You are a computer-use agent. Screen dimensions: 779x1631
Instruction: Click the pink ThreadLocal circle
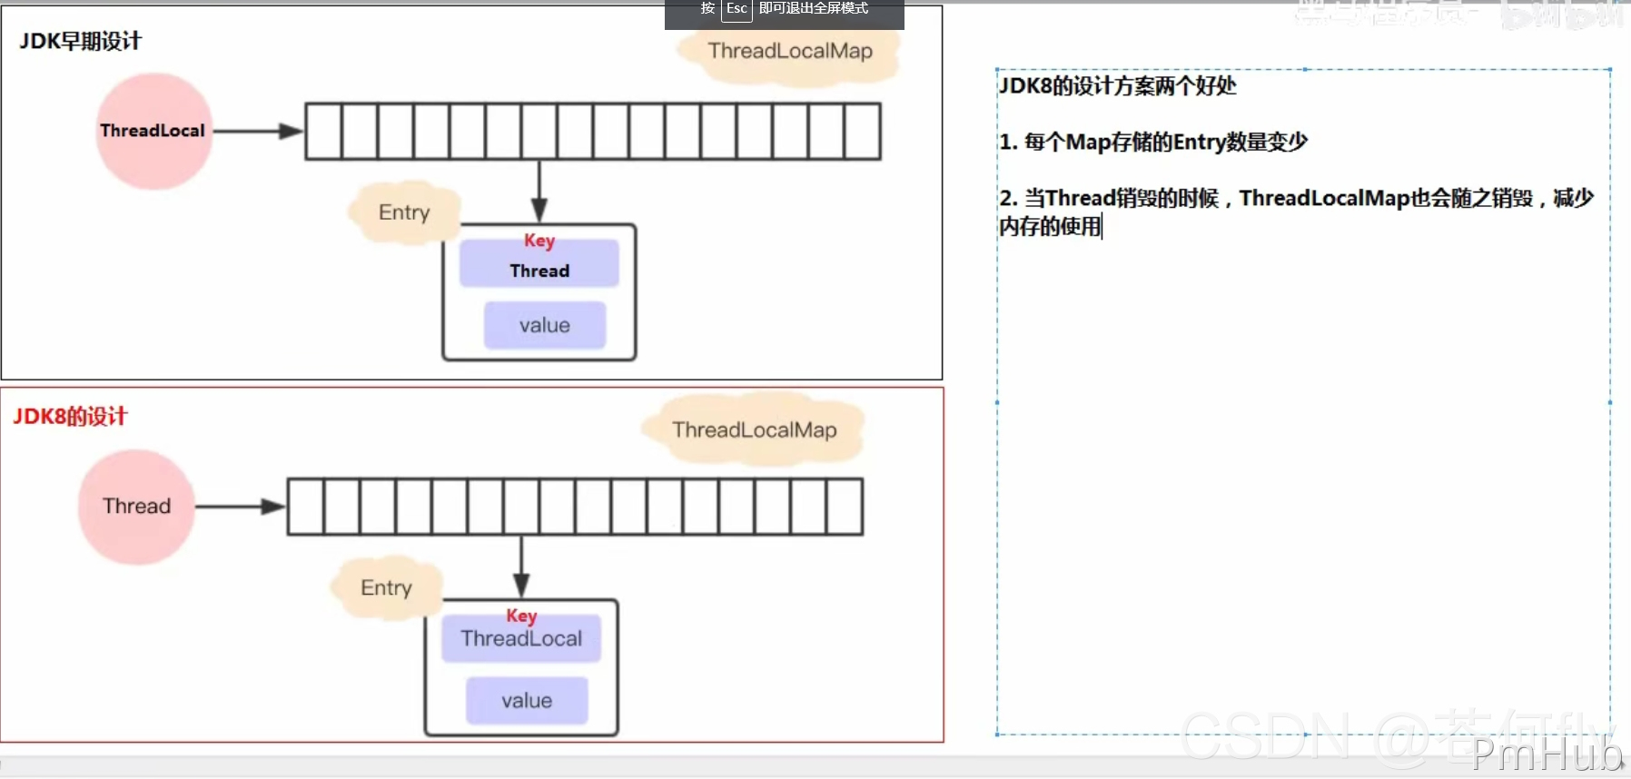[x=153, y=132]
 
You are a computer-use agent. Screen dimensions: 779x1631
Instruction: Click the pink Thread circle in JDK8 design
[x=136, y=507]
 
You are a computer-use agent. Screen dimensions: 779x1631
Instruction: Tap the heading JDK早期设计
[x=80, y=42]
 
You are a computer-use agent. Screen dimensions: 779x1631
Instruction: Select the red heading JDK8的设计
[x=70, y=417]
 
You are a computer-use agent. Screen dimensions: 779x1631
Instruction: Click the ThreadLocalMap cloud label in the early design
[x=790, y=52]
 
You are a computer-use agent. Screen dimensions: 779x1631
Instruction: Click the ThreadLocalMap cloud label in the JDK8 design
[x=754, y=430]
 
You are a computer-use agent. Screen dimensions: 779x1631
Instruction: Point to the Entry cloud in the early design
[x=404, y=212]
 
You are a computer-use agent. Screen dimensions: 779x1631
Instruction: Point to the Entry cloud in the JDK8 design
[x=386, y=588]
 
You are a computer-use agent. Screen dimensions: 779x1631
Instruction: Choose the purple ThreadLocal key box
[x=521, y=639]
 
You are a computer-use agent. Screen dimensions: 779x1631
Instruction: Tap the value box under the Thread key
[x=545, y=326]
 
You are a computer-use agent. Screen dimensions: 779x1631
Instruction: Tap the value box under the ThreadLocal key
[x=527, y=701]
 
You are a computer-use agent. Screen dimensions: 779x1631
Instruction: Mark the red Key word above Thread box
[x=539, y=241]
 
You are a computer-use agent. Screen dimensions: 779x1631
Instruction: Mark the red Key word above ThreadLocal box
[x=521, y=616]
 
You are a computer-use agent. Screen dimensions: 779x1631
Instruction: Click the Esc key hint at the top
[x=736, y=9]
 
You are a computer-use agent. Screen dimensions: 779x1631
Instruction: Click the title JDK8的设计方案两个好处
[x=1118, y=86]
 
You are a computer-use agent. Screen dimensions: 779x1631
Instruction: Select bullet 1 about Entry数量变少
[x=1153, y=143]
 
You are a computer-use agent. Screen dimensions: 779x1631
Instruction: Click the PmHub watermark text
[x=1547, y=754]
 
